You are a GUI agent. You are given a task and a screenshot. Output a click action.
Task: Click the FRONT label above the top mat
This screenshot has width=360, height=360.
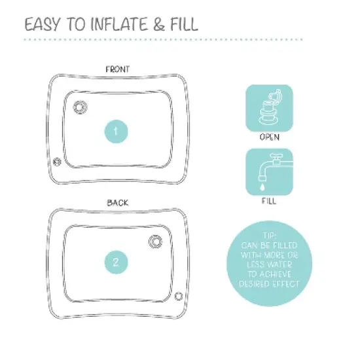(118, 69)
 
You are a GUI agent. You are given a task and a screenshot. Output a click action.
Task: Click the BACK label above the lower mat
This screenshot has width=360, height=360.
(118, 203)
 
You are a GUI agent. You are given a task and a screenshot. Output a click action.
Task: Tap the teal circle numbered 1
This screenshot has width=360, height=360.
(116, 132)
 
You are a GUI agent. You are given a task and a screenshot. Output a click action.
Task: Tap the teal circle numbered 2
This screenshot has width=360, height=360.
(116, 263)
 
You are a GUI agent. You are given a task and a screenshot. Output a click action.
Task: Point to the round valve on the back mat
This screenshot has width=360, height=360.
(155, 242)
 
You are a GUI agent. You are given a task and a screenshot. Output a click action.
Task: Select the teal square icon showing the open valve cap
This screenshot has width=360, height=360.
(269, 108)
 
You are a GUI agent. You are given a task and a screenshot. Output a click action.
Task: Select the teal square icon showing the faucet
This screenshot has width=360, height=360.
(269, 171)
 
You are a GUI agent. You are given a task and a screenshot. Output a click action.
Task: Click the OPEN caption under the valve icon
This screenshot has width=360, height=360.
(269, 137)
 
